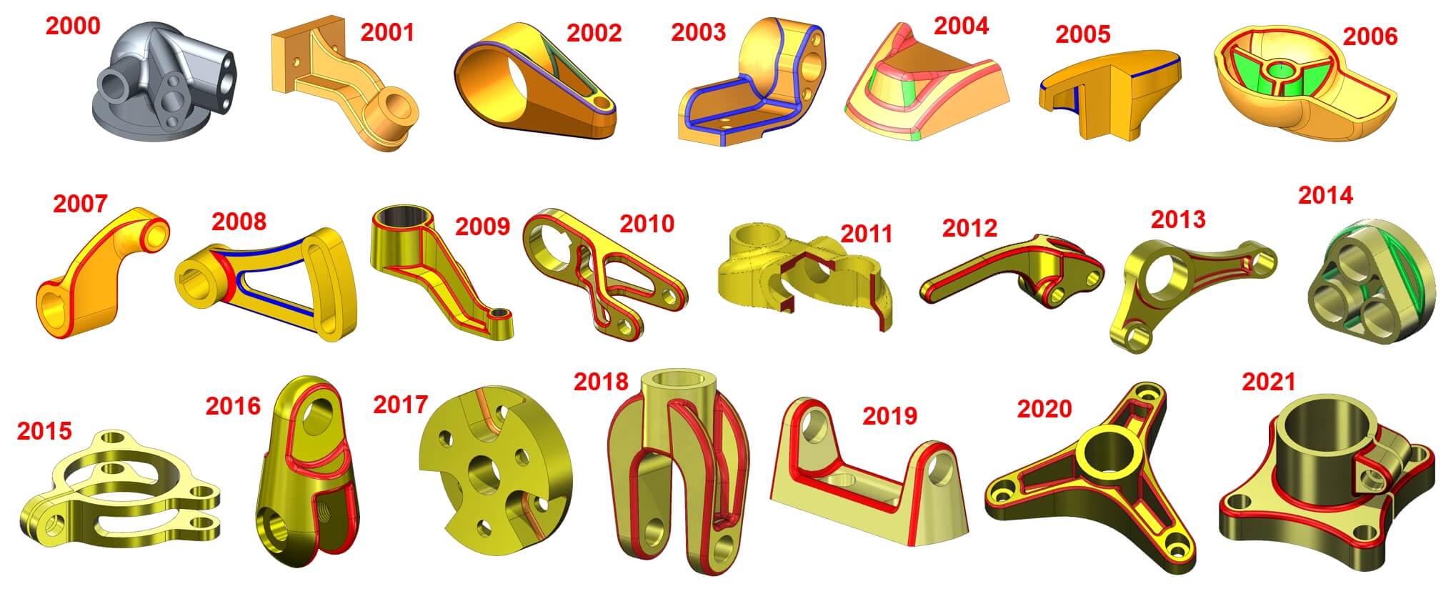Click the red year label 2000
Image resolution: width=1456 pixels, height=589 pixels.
73,26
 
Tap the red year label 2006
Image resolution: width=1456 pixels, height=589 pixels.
1370,36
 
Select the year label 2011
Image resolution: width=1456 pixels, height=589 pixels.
866,234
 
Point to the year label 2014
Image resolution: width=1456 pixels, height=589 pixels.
1325,195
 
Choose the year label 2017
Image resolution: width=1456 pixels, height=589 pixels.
400,405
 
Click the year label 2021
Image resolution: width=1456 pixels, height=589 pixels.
1269,382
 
